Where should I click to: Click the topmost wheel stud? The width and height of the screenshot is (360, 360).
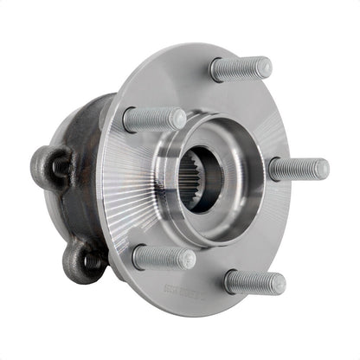pyautogui.click(x=241, y=68)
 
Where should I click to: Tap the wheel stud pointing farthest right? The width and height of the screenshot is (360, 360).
pyautogui.click(x=299, y=169)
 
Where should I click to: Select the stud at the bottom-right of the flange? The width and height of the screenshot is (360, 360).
pyautogui.click(x=254, y=281)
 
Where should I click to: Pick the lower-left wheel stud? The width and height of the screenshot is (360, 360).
pyautogui.click(x=164, y=257)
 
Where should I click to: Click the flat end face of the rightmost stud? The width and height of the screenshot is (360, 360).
pyautogui.click(x=322, y=169)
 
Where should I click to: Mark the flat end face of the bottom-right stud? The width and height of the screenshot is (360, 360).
pyautogui.click(x=278, y=283)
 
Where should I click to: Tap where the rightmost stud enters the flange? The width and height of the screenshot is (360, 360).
pyautogui.click(x=273, y=169)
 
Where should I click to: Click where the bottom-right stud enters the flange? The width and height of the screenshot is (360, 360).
pyautogui.click(x=228, y=280)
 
